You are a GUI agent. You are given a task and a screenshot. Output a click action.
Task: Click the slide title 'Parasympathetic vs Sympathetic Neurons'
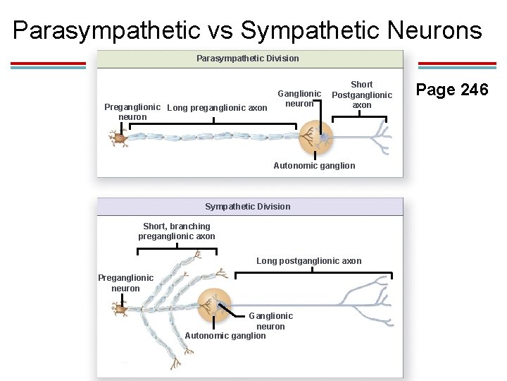click(247, 30)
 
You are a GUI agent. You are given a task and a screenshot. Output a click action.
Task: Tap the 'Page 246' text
click(451, 90)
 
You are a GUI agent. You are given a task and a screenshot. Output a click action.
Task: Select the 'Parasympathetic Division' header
click(247, 59)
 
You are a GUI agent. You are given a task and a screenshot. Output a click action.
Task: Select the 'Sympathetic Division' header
click(247, 207)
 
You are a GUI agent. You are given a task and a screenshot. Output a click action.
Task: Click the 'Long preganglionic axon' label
click(217, 108)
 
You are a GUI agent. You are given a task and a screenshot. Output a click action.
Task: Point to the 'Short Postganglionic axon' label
click(362, 95)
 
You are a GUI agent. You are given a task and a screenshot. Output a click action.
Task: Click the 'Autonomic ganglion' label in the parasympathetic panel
click(314, 166)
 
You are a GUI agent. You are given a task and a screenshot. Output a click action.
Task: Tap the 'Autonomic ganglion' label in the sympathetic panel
click(225, 336)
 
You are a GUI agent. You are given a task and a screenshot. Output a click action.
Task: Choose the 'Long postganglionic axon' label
click(308, 261)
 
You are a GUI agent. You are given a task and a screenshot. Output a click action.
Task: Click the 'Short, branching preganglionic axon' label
click(177, 231)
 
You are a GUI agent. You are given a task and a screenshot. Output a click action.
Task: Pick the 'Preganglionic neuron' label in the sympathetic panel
click(125, 283)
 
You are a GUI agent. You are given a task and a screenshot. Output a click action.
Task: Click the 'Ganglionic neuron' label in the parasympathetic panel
click(299, 98)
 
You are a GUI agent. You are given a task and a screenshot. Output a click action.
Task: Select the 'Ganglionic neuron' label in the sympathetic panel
click(270, 321)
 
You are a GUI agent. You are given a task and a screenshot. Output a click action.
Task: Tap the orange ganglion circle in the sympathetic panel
click(214, 306)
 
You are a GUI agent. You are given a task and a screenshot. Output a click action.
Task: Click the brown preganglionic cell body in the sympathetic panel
click(121, 308)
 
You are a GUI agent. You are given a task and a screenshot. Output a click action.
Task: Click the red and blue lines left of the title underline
click(48, 66)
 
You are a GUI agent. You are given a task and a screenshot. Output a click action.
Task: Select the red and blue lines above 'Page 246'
click(457, 66)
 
